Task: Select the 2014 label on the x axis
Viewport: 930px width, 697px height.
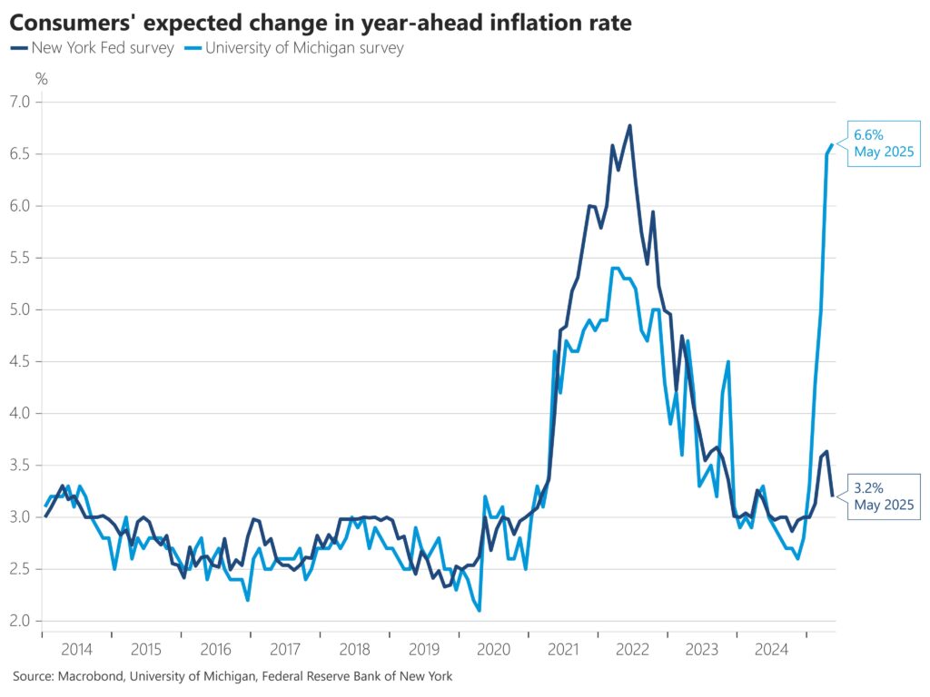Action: pos(76,649)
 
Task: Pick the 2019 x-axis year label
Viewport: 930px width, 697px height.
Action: pos(424,649)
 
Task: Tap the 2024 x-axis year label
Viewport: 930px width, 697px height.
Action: pos(772,649)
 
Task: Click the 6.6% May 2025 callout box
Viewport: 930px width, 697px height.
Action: pos(883,143)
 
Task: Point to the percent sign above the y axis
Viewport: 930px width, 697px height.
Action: pos(42,79)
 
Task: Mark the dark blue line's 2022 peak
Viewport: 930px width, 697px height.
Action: pos(629,126)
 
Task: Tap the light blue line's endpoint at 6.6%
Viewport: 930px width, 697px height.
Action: pos(832,144)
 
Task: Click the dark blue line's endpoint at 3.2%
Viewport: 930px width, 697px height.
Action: pos(832,496)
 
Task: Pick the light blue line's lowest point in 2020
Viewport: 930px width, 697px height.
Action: pos(479,610)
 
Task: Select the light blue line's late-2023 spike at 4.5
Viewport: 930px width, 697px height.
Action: pos(728,361)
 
